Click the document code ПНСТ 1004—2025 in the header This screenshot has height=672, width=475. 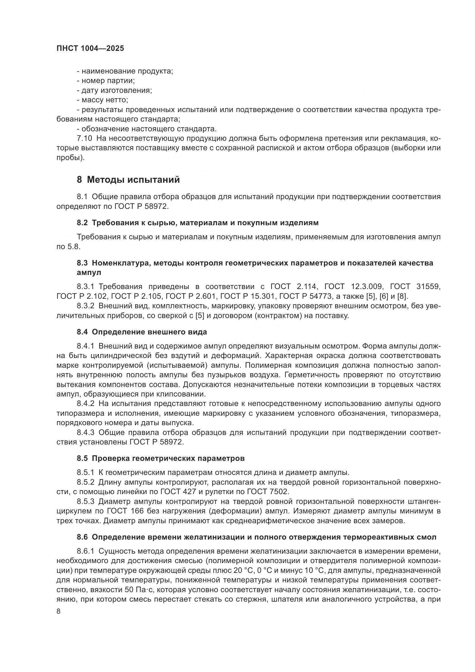[90, 49]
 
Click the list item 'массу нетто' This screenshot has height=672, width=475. [105, 100]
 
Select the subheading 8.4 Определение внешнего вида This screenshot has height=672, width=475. [142, 332]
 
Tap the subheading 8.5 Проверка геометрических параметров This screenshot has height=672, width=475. [161, 458]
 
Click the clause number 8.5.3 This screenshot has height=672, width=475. [85, 501]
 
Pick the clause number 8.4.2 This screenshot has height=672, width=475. [85, 404]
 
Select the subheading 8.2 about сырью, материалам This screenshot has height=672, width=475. [197, 223]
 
